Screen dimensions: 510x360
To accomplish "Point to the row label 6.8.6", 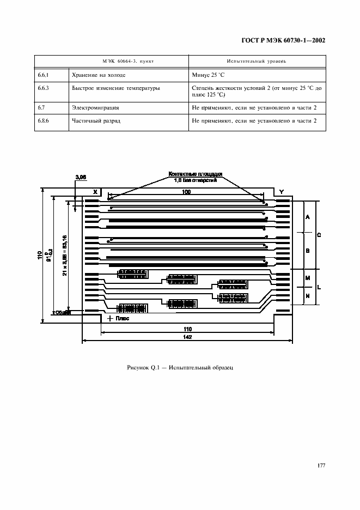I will (x=44, y=122).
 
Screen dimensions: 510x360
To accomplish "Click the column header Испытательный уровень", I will (x=256, y=61).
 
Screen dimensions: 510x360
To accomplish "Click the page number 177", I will (x=321, y=465).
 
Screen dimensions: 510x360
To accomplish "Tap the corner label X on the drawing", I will (x=95, y=192).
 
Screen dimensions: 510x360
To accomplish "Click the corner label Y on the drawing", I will (x=281, y=192).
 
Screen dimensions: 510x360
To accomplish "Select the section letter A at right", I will (x=308, y=217).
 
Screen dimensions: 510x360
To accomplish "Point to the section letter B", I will (x=308, y=251).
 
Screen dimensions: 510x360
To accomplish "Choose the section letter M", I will (x=308, y=278).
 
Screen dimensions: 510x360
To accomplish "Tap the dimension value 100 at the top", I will (x=186, y=192).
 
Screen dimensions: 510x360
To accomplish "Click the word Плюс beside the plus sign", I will (x=123, y=319).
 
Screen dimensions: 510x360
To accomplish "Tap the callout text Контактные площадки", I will (x=196, y=174).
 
